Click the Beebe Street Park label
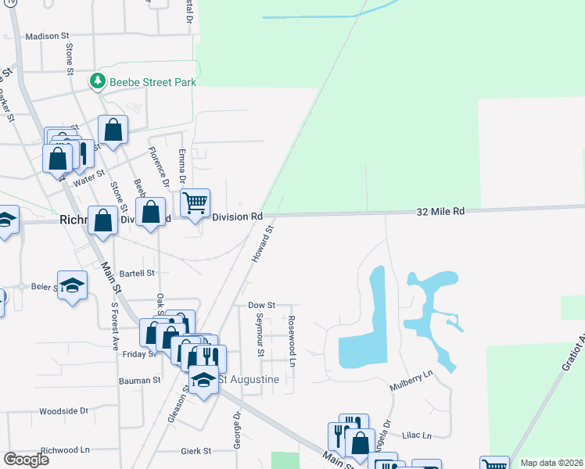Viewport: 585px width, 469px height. tap(152, 81)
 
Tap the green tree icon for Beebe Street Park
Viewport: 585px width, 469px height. tap(98, 81)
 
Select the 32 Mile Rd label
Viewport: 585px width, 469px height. tap(440, 211)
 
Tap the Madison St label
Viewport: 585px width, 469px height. tap(48, 36)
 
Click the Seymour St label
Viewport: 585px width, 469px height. tap(260, 335)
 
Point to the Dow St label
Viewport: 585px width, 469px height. tap(261, 305)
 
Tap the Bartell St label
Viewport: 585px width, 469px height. tap(138, 274)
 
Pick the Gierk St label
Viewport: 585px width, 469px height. tap(196, 451)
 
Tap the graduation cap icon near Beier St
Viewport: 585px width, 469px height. tap(71, 285)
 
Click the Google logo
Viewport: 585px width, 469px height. tap(26, 460)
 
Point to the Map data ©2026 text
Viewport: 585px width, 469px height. tap(551, 463)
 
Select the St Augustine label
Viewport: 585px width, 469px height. tap(248, 379)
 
